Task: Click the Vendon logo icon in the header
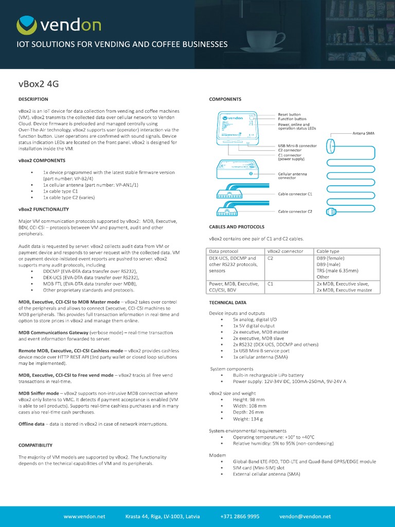(x=27, y=25)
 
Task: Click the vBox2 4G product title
(x=39, y=84)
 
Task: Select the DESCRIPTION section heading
(x=33, y=99)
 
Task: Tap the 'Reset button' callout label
(x=289, y=114)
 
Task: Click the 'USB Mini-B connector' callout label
(x=297, y=146)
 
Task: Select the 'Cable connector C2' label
(x=295, y=212)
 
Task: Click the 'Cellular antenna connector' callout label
(x=292, y=177)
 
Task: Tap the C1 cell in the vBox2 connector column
(x=271, y=284)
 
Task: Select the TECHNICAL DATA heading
(x=227, y=303)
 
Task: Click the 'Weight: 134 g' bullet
(x=249, y=419)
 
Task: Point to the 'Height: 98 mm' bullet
(x=249, y=399)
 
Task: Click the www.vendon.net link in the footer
(x=84, y=516)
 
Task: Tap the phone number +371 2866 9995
(x=240, y=516)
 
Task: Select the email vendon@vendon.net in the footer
(x=305, y=516)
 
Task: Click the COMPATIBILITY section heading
(x=35, y=445)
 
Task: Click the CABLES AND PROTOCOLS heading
(x=237, y=226)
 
